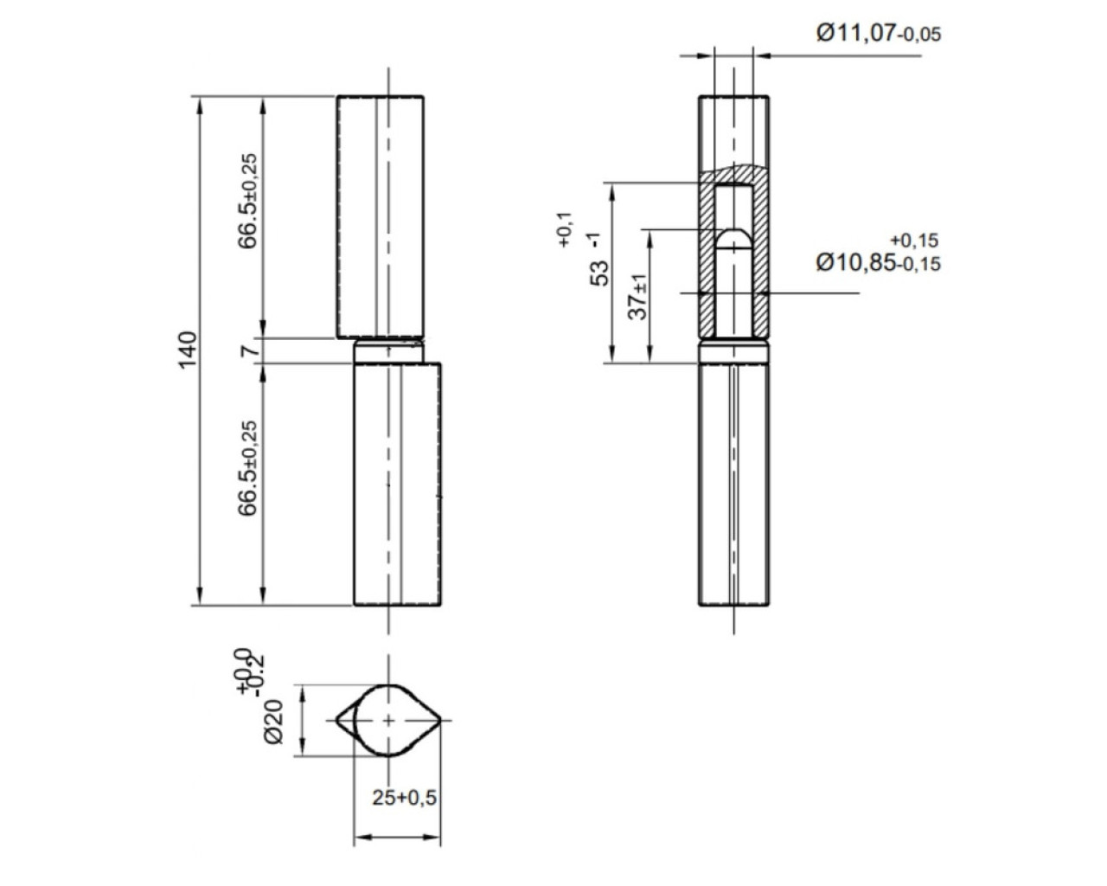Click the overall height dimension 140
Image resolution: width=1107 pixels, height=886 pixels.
click(x=189, y=349)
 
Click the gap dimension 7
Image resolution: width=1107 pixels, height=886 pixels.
click(x=249, y=350)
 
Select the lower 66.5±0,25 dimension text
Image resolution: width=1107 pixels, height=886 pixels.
click(x=249, y=468)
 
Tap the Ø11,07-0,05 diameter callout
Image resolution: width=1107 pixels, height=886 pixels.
click(x=878, y=34)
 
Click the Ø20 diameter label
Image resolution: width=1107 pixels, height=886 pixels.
click(x=273, y=720)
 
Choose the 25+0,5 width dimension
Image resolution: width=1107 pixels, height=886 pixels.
click(x=405, y=797)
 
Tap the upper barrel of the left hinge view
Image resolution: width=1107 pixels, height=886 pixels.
click(x=381, y=216)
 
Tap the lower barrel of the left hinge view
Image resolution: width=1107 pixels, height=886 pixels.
click(x=398, y=485)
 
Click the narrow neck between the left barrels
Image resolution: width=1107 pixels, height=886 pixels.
click(x=389, y=350)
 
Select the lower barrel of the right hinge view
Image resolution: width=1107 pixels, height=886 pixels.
click(x=733, y=485)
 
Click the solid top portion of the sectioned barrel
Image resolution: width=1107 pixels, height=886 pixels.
click(x=733, y=130)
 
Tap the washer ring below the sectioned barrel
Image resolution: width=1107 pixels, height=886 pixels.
click(x=733, y=353)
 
